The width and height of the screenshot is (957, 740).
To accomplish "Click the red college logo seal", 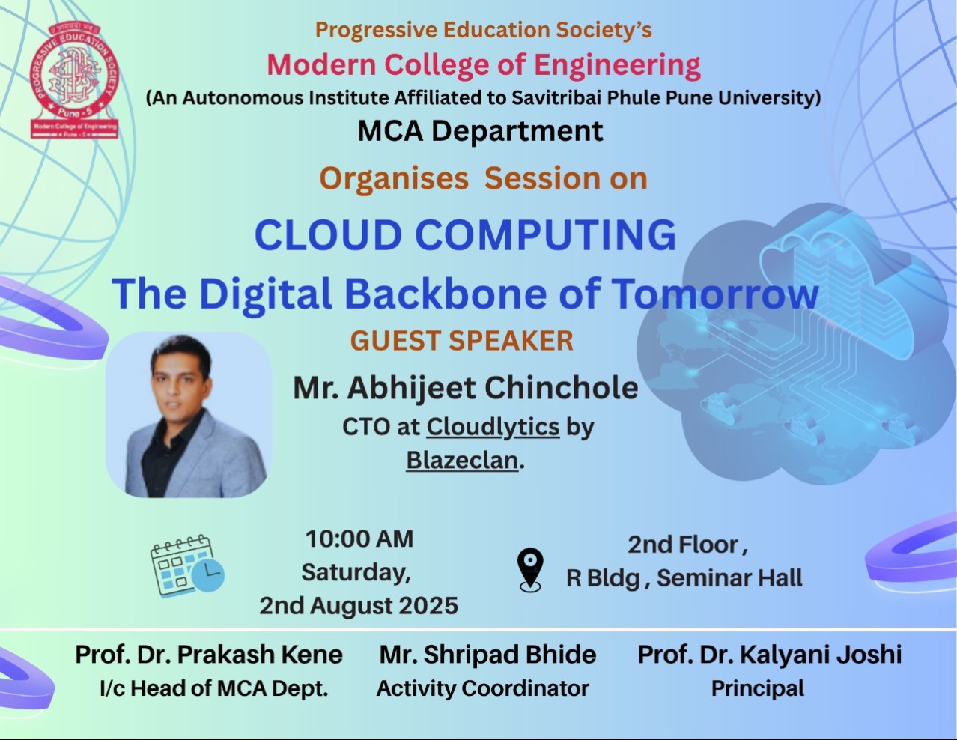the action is coord(74,81).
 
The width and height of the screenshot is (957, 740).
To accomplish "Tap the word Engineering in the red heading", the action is coord(617,65).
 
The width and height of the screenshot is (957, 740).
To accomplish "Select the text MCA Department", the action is coord(480,131).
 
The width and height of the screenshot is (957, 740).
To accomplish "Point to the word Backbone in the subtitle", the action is coord(446,294).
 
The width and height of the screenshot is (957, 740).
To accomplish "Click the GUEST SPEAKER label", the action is coord(461,341).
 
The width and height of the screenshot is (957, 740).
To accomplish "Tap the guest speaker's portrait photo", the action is coord(189,415).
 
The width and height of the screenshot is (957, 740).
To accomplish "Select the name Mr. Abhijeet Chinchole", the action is coord(466,388).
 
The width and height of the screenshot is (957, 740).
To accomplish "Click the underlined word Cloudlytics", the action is coord(493,427).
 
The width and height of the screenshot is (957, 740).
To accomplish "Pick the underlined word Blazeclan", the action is coord(462,461).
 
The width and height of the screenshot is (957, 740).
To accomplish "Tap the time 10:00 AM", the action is coord(359,539).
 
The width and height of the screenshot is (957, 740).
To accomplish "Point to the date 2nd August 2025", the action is coord(359,605).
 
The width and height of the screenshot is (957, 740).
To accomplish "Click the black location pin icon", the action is coord(530,570).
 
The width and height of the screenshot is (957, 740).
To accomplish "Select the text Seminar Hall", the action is coord(729,578).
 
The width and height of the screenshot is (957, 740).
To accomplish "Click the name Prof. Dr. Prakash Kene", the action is coord(209,654).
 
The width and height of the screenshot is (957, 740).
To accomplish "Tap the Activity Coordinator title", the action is coord(483,688).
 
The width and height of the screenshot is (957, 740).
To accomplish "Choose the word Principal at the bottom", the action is coord(758,689).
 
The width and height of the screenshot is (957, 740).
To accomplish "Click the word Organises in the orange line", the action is coord(394,179).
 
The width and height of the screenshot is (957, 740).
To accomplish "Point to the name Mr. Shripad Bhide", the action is coord(487,655).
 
